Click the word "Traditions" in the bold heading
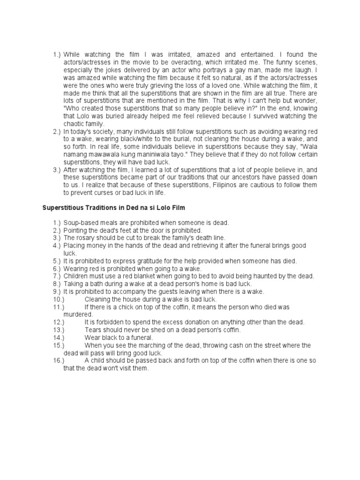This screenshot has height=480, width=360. click(103, 207)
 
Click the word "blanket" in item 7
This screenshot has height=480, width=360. click(143, 276)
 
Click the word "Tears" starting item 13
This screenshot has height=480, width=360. click(93, 330)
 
